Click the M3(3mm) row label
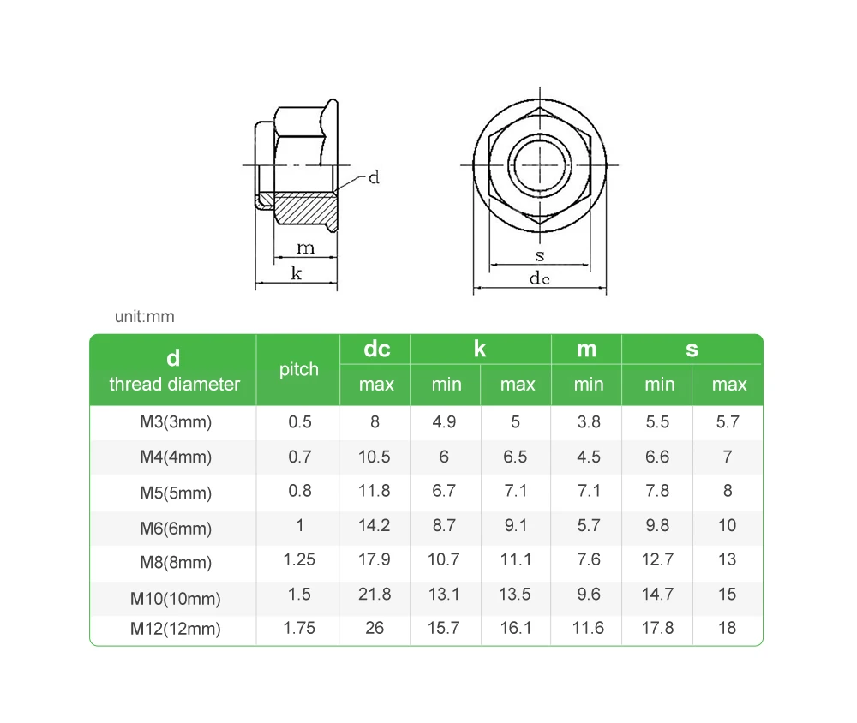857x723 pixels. (176, 421)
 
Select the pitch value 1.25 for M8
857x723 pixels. (299, 559)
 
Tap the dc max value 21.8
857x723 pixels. (375, 594)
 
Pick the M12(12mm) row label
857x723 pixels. (176, 629)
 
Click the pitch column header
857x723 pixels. (298, 370)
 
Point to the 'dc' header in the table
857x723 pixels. (377, 349)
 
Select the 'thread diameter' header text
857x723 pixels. (174, 384)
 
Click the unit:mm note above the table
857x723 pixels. (144, 316)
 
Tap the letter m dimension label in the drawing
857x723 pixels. (306, 248)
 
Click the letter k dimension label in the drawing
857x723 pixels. (297, 272)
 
